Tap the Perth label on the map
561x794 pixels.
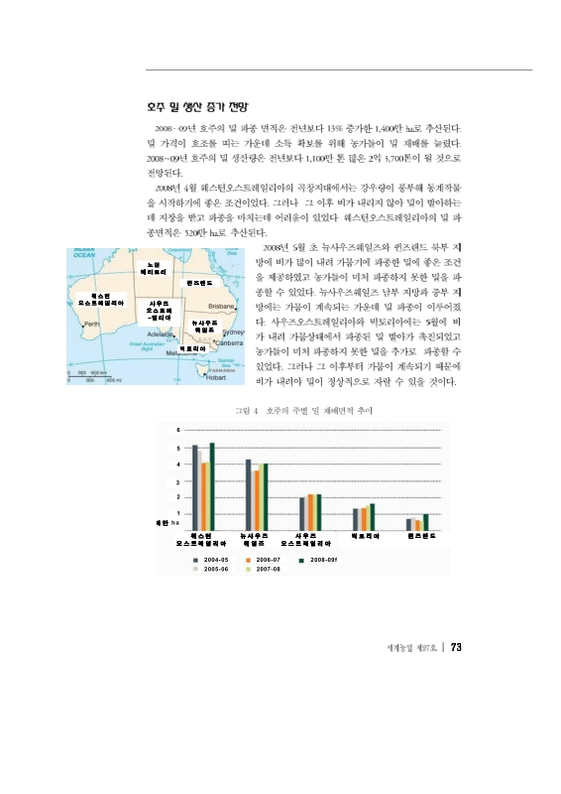(x=91, y=323)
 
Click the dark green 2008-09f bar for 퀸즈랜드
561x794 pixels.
(x=426, y=522)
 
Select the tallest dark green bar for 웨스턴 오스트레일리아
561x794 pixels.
(x=212, y=486)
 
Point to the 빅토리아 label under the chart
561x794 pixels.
(x=365, y=536)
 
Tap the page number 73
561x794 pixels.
(x=457, y=648)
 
